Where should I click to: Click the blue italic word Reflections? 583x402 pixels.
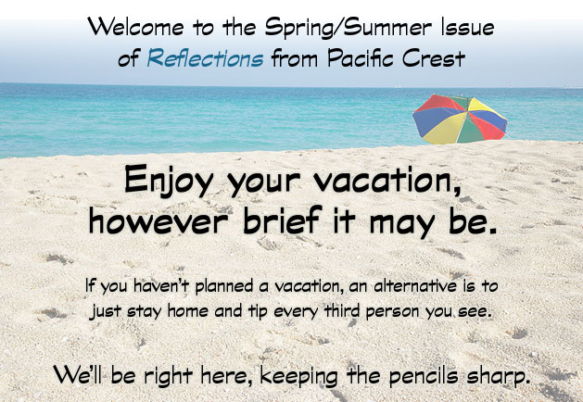point(205,58)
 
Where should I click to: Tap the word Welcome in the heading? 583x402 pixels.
point(135,27)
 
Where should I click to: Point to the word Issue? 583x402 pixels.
point(468,27)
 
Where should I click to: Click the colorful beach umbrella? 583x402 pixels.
point(460,119)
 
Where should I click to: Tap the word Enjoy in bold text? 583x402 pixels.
point(169,181)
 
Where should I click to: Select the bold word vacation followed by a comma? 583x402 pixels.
point(387,180)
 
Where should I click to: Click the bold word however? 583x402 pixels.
point(158,220)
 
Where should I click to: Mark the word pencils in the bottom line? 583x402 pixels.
point(424,376)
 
